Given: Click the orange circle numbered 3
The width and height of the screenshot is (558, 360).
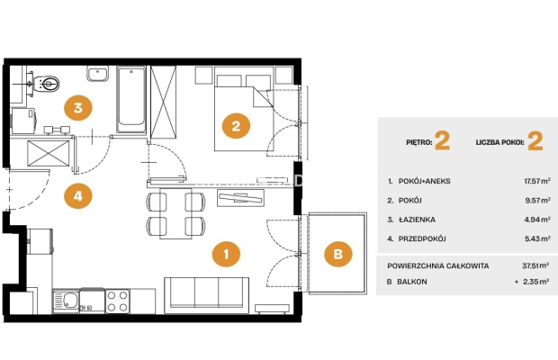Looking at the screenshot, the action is tap(78, 107).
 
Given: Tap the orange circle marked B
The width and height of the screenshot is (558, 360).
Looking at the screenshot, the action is tap(338, 254).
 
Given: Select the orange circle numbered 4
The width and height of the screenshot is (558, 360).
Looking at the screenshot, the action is tap(78, 195).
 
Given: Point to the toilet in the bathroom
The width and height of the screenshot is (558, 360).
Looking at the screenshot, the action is tap(46, 85).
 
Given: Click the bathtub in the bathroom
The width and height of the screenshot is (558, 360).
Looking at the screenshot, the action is tap(131, 99).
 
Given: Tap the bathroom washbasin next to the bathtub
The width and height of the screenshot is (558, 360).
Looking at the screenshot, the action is tap(97, 74).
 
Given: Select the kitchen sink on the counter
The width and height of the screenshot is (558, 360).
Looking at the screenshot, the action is tap(66, 301).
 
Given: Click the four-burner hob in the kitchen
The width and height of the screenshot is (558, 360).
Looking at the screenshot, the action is tap(118, 301).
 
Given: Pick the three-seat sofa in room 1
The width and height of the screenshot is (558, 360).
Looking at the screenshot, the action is tap(206, 295).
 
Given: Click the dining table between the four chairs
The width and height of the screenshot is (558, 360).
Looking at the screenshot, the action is tap(175, 213).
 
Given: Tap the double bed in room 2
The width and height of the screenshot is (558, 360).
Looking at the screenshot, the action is tap(244, 109).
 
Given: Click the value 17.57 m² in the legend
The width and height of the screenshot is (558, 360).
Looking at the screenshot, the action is tap(537, 181).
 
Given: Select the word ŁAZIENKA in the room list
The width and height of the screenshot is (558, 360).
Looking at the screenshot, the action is tap(417, 220).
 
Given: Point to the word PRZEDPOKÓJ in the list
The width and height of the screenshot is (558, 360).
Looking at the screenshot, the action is tap(422, 238).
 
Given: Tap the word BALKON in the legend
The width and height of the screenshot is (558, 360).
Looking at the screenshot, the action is tap(411, 282).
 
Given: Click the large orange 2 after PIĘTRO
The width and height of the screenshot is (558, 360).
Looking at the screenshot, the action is tap(442, 141).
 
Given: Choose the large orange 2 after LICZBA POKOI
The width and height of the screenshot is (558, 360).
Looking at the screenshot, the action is tap(535, 141).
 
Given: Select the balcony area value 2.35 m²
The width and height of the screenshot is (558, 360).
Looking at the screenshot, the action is tap(535, 282).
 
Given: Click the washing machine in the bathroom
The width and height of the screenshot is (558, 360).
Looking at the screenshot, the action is tap(23, 121).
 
